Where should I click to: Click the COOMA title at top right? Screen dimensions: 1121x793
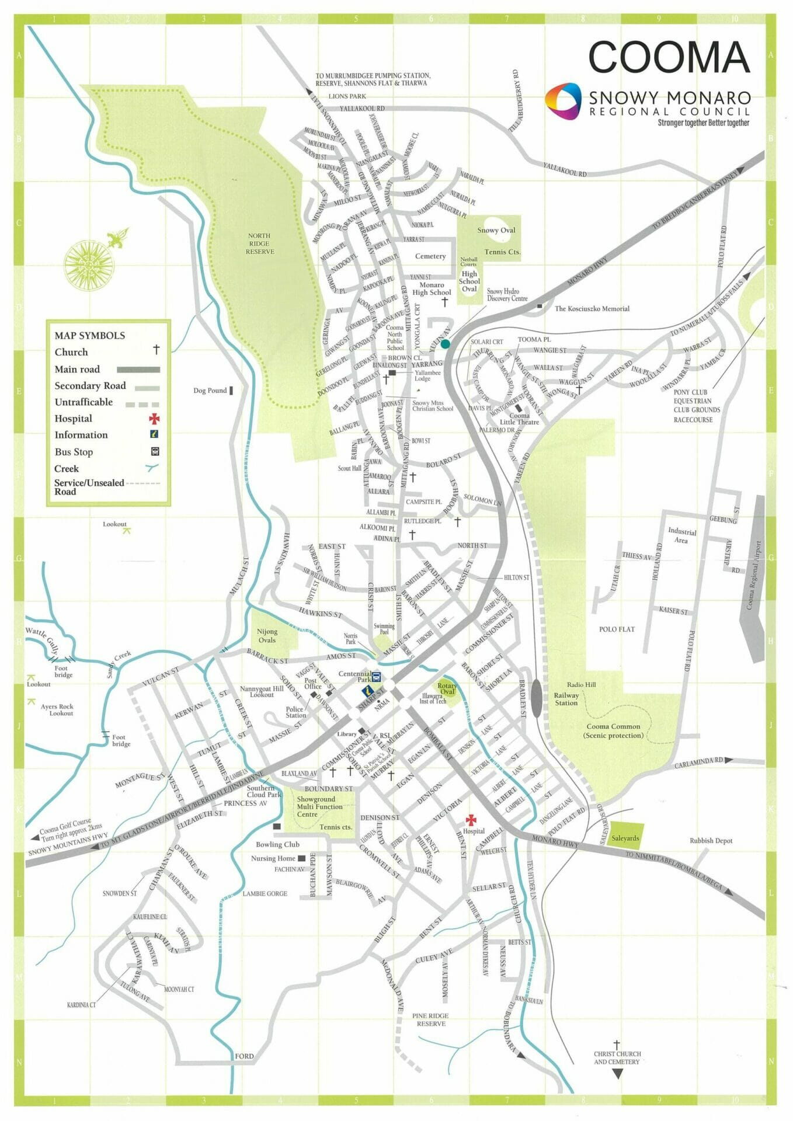tap(669, 57)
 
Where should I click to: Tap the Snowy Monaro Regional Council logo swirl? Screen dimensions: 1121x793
tap(563, 101)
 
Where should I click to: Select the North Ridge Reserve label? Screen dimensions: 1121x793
tap(259, 243)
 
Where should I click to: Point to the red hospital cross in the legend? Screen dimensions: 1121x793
tap(154, 419)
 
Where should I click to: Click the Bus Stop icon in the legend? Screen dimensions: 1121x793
tap(155, 451)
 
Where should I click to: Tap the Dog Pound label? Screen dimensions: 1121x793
tap(210, 391)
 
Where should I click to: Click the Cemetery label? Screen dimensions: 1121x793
tap(430, 256)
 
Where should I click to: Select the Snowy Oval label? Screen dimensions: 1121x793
tap(496, 230)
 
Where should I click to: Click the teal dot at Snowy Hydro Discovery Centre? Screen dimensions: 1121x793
tap(446, 344)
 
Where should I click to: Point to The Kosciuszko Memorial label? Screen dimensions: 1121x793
tap(592, 309)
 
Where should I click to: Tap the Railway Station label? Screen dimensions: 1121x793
tap(566, 699)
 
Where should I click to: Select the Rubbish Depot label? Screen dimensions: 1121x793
tap(711, 841)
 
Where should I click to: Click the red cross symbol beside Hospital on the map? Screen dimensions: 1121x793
tap(471, 820)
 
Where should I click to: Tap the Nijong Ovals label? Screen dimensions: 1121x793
tap(267, 636)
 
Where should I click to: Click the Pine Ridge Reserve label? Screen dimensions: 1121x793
tap(431, 1019)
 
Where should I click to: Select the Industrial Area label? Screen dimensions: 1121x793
tap(681, 536)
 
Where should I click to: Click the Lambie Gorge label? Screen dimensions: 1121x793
tap(265, 893)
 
